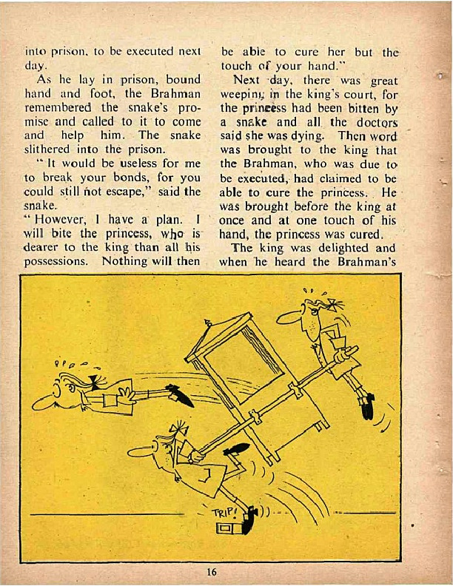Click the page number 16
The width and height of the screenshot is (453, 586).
(211, 572)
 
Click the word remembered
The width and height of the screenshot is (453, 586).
(58, 107)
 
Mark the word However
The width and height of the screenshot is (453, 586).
(61, 219)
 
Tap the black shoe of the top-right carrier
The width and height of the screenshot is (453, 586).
(368, 405)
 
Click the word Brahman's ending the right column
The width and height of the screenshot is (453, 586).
(366, 262)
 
